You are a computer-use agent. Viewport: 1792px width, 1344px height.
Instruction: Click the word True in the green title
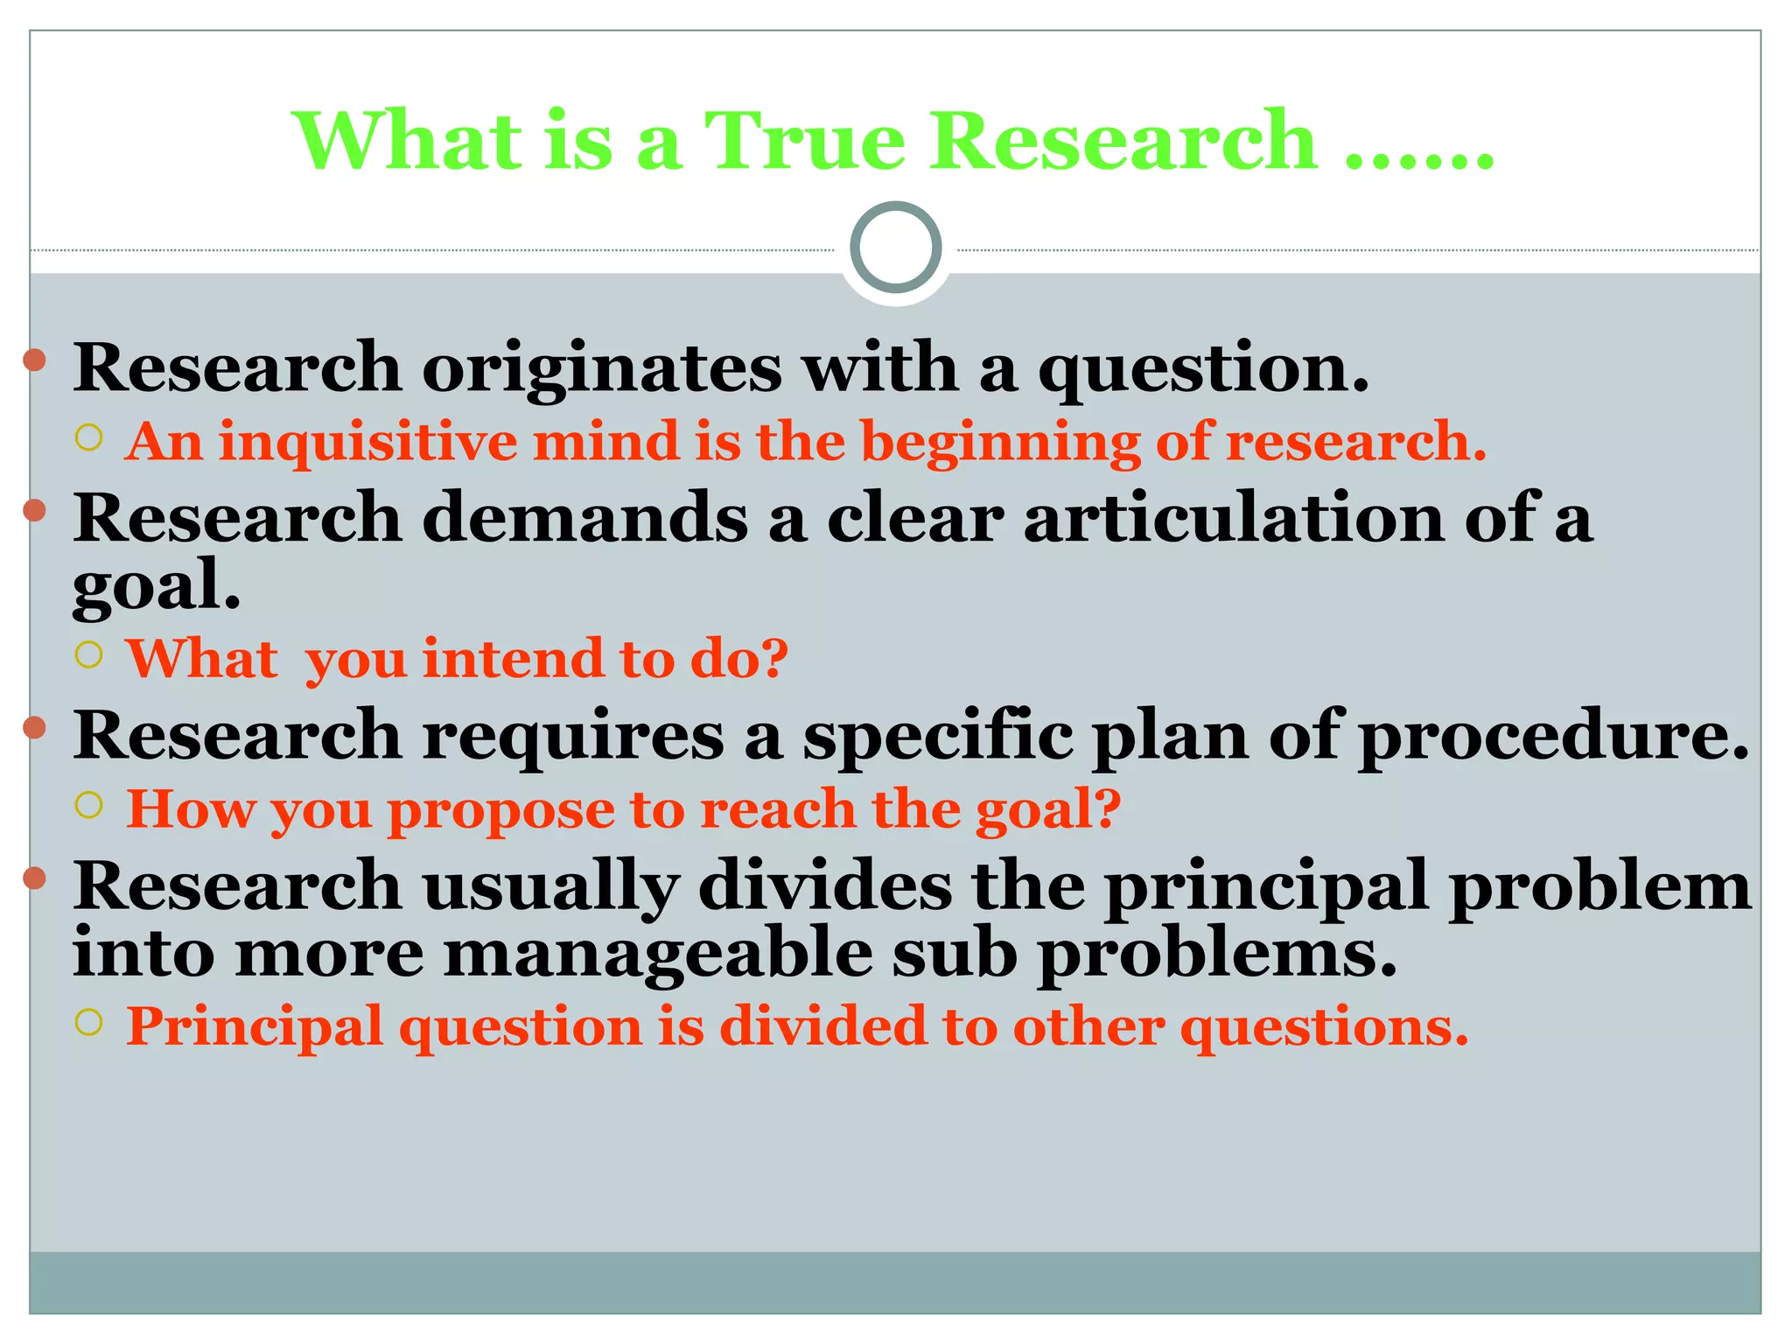(804, 141)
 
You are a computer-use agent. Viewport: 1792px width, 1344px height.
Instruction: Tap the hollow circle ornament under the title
(895, 248)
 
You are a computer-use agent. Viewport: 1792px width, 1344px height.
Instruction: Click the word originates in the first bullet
(602, 368)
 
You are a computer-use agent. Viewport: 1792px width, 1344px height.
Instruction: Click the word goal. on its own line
(156, 585)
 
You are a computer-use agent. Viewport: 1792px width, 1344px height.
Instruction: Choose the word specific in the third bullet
(937, 736)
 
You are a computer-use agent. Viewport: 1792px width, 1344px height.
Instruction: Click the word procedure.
(1553, 736)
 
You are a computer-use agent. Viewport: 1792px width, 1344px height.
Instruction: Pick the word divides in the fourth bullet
(824, 886)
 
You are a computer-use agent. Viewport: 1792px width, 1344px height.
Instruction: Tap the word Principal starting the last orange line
(254, 1026)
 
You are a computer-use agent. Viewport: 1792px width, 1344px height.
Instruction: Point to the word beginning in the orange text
(1000, 441)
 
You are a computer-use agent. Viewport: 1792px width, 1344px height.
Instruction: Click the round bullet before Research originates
(34, 360)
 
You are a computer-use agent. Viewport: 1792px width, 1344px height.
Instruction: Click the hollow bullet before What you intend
(89, 654)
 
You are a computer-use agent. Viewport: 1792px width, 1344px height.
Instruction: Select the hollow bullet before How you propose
(89, 804)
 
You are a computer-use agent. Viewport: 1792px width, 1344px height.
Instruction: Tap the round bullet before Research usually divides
(34, 878)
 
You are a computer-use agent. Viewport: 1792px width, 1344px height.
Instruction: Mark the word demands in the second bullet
(584, 518)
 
